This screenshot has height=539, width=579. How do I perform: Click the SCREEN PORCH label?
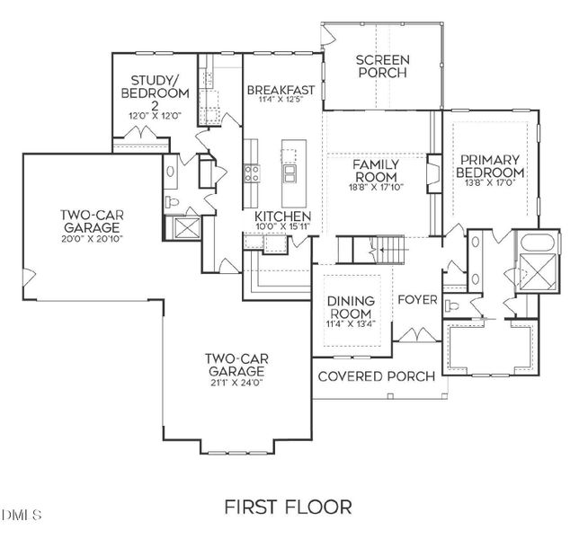coord(383,66)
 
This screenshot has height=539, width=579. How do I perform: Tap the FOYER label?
coord(417,300)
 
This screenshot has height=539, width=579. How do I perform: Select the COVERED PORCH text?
coord(377,376)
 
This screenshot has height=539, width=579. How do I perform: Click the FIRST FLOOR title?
coord(288,507)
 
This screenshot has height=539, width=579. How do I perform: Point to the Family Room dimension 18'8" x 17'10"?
coord(376,188)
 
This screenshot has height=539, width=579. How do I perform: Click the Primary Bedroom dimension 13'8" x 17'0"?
coord(490,182)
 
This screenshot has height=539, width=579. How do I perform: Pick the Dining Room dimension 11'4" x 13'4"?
coord(351,324)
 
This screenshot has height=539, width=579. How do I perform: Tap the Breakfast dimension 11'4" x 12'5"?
coord(281,99)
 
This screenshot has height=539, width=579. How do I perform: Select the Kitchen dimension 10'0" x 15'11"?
coord(282,226)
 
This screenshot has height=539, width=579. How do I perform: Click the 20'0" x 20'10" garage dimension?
coord(92,239)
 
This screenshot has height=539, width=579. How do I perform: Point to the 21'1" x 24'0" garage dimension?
coord(236,383)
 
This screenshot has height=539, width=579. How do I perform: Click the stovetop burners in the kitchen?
coord(253,173)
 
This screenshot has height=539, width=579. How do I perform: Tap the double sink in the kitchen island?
coord(289,173)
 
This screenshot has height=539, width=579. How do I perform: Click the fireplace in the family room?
coord(434,173)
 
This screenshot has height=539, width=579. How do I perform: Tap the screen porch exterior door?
coord(328,36)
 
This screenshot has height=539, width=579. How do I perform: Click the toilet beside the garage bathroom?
coord(172,201)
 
